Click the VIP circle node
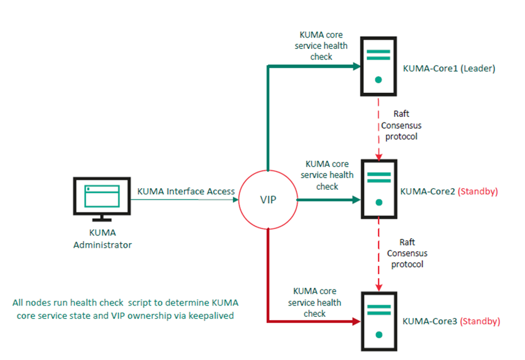point(267,200)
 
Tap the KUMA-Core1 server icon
point(378,66)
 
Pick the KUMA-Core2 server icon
point(378,190)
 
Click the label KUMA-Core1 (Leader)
point(448,68)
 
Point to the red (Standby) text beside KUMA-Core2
point(478,191)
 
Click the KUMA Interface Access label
point(186,191)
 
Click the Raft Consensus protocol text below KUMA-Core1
point(401,126)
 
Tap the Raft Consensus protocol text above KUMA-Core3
point(407,253)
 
